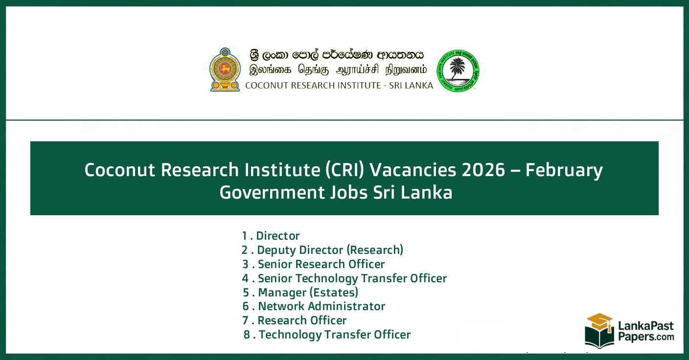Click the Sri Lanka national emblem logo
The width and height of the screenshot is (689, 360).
point(225,70)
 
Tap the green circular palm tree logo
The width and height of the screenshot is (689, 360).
point(458,71)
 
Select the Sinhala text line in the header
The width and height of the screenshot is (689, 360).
point(337,55)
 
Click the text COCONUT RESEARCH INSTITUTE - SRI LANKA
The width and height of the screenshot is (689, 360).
point(339,86)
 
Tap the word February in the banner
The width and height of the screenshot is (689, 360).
point(564,170)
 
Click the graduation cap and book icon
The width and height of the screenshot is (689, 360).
point(599,330)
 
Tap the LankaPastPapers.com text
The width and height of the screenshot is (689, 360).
point(645,331)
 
